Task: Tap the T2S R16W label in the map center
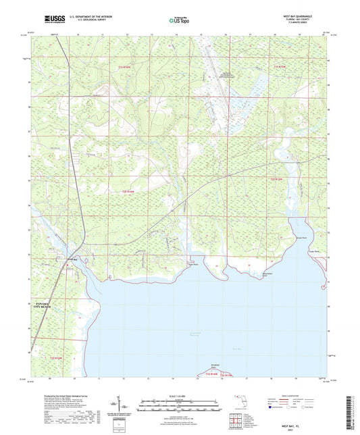(x=132, y=193)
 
